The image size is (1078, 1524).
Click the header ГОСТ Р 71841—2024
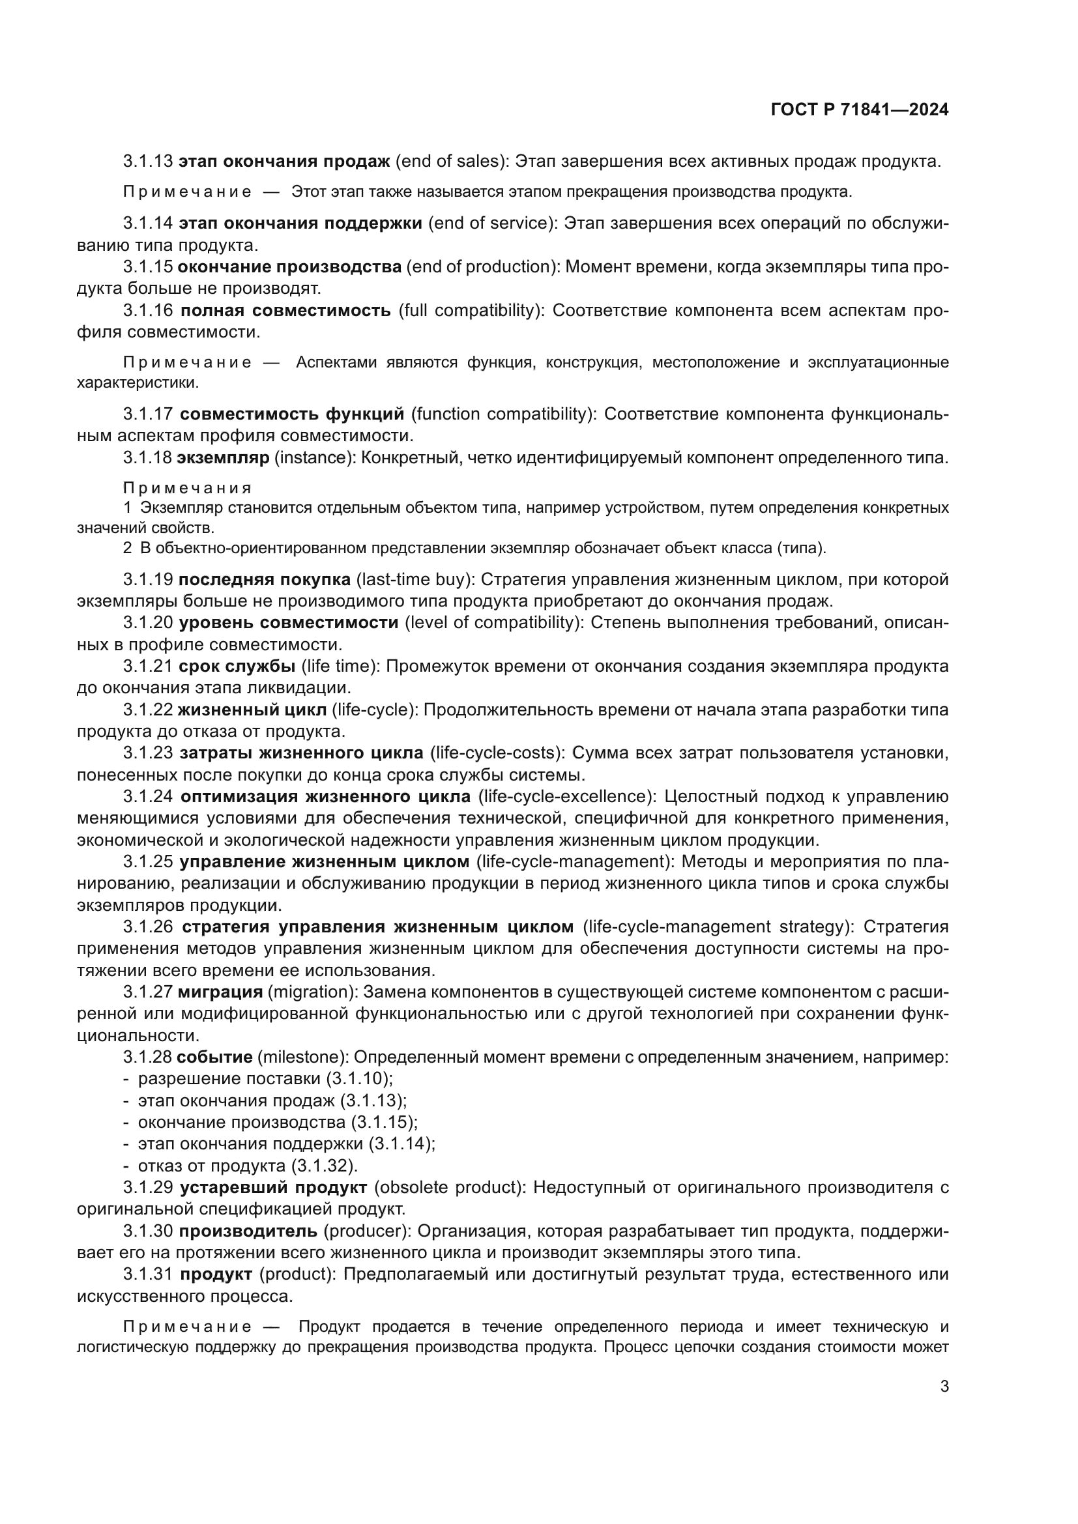[x=860, y=110]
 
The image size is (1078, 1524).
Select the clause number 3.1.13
[x=147, y=162]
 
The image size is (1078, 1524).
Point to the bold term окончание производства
[x=290, y=267]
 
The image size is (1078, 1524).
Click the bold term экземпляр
[x=223, y=458]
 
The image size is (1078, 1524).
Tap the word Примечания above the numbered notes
[x=186, y=489]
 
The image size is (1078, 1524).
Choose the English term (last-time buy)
[x=416, y=580]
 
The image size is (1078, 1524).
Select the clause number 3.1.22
[x=147, y=710]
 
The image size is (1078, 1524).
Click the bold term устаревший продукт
[x=273, y=1188]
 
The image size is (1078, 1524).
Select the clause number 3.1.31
[x=147, y=1274]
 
